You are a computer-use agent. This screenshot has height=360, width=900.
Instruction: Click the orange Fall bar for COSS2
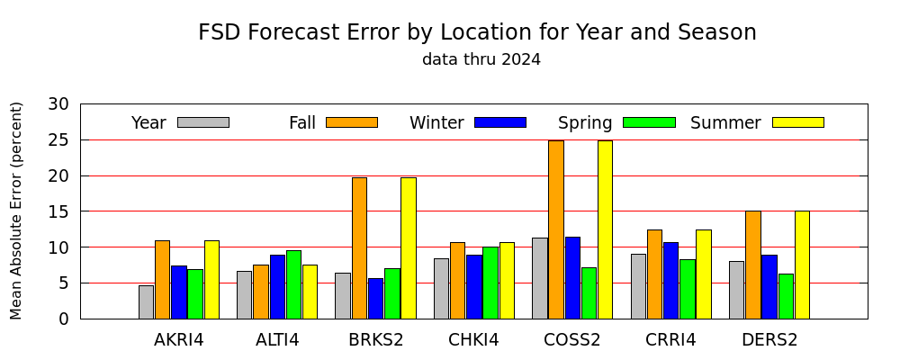[556, 229]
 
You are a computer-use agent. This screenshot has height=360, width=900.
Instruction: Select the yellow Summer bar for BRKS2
[409, 248]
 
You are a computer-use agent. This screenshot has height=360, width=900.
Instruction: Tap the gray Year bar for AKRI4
[147, 302]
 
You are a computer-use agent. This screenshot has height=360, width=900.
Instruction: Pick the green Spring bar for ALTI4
[294, 284]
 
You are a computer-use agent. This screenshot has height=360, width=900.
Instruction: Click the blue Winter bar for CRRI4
[671, 281]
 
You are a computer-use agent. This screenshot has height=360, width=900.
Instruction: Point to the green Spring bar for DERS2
[786, 296]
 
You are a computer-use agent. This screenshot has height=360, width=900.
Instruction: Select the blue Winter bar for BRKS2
[376, 299]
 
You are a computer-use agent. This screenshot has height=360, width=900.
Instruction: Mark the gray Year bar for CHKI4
[441, 289]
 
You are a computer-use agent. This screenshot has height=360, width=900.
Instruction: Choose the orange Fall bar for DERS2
[753, 265]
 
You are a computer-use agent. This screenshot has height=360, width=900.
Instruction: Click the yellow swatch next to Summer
[797, 122]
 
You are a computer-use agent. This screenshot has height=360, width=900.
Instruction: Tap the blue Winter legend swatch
[500, 122]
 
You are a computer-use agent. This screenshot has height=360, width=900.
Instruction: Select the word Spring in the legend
[585, 123]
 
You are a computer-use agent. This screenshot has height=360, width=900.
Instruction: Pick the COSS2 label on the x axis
[572, 340]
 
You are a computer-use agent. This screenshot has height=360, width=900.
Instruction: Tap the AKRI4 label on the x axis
[178, 340]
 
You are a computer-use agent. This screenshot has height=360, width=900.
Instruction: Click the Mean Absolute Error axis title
[16, 211]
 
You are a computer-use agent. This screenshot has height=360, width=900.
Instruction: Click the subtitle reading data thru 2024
[481, 59]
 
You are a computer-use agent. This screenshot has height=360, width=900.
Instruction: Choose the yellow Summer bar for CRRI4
[704, 274]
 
